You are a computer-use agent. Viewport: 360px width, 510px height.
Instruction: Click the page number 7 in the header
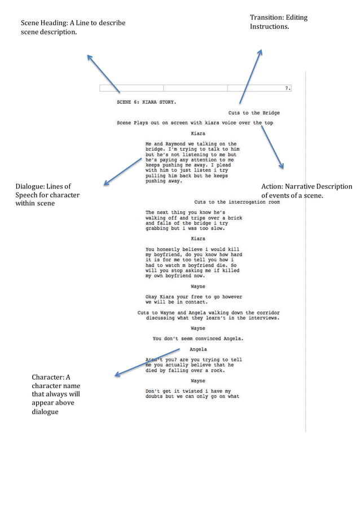287,88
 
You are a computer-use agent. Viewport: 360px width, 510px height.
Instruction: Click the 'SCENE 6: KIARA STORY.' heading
146,103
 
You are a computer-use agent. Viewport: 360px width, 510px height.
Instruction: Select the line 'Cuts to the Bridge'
254,113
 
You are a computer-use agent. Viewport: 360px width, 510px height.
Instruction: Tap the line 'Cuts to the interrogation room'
236,201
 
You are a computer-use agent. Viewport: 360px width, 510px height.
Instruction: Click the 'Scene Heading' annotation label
73,28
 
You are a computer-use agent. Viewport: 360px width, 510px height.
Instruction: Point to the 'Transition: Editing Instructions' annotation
279,22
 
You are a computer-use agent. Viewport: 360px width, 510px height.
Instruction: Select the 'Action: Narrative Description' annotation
306,191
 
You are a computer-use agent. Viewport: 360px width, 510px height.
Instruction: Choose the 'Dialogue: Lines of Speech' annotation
47,195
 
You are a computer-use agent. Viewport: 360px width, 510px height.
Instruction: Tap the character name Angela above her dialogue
197,349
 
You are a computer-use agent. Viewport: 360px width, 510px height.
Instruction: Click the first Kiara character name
198,134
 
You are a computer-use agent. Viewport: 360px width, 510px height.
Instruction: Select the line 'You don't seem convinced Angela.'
198,338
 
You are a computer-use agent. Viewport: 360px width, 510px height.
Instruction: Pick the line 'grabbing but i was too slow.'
185,228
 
